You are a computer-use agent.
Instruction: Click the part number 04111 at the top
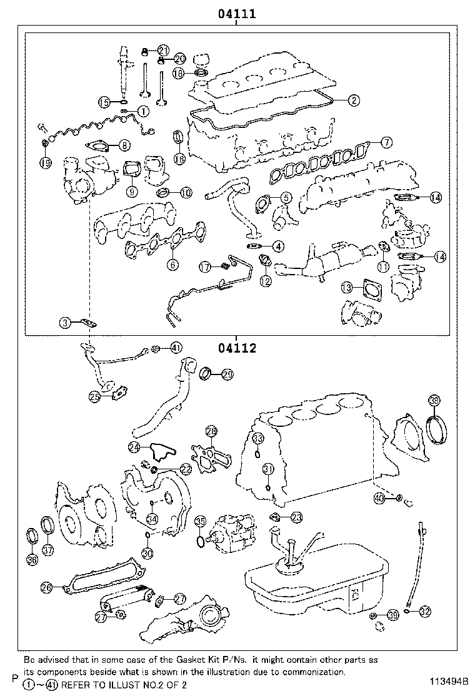[237, 14]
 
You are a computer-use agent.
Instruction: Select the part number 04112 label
[237, 348]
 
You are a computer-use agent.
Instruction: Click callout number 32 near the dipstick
[425, 612]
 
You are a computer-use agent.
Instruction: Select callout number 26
[46, 587]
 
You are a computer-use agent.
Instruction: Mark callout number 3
[66, 323]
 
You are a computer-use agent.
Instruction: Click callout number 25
[94, 396]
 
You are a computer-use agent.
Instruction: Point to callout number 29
[227, 374]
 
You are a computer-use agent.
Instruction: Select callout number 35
[201, 521]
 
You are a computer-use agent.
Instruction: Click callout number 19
[45, 163]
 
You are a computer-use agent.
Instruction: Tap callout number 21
[163, 50]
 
